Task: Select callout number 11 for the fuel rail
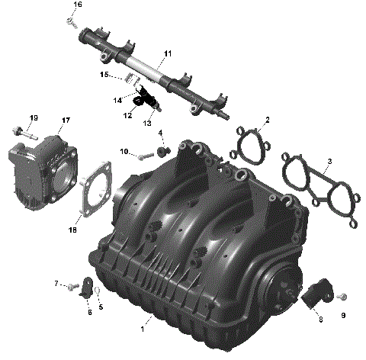(168, 53)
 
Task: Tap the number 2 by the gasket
(267, 120)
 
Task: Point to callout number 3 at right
(329, 162)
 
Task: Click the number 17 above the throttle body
(66, 121)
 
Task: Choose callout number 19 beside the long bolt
(34, 117)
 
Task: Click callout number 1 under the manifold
(142, 329)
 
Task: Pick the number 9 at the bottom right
(342, 315)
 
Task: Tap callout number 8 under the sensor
(320, 319)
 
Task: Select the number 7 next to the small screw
(56, 284)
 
